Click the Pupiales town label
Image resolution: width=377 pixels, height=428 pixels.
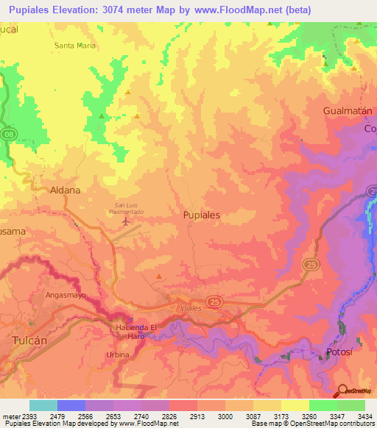click(x=201, y=215)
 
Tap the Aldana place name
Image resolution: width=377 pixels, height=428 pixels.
click(x=65, y=189)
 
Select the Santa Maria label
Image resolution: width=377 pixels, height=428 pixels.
click(x=75, y=45)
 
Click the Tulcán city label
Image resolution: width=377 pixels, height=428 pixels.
click(x=30, y=340)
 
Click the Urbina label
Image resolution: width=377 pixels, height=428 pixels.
click(x=118, y=354)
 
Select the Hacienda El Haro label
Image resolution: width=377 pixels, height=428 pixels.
click(x=136, y=330)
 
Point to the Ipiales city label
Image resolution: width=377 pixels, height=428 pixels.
click(x=190, y=308)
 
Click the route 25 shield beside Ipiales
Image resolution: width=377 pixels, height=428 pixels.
click(x=214, y=302)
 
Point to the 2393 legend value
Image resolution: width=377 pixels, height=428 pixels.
click(x=27, y=415)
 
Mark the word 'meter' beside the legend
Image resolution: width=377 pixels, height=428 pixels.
click(x=8, y=415)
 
